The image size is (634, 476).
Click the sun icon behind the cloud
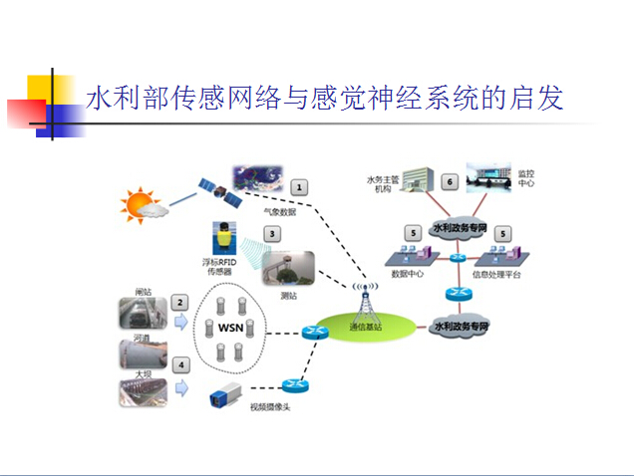(135, 204)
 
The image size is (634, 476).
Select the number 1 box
(297, 185)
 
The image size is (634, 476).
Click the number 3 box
(270, 234)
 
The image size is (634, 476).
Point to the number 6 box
(450, 182)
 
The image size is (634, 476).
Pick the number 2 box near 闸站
(180, 302)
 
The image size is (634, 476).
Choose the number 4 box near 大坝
(180, 365)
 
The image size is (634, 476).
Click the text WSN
(230, 328)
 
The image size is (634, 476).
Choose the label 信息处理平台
(494, 274)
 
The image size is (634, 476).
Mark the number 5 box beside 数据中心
(411, 233)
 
